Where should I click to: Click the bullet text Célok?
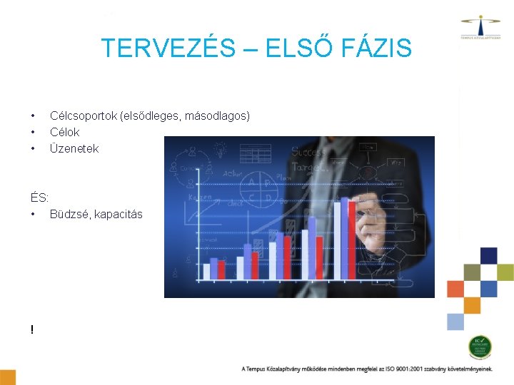pyautogui.click(x=64, y=132)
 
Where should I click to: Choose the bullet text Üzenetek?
pyautogui.click(x=74, y=148)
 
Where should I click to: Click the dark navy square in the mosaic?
pyautogui.click(x=488, y=255)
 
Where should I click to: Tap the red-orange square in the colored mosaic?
pyautogui.click(x=455, y=289)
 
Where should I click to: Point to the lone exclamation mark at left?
pyautogui.click(x=32, y=329)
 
